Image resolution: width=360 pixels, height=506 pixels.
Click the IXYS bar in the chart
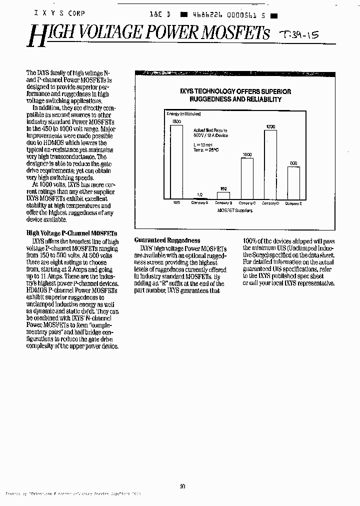pos(176,162)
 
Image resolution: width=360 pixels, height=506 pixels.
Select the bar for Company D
pos(270,165)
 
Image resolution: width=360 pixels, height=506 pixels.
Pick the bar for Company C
pos(247,178)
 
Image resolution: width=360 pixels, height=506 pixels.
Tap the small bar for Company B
pos(223,195)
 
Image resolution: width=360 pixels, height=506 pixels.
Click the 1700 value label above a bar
pos(270,127)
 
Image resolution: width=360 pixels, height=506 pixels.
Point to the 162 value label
pos(224,188)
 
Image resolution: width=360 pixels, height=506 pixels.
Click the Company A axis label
pos(200,203)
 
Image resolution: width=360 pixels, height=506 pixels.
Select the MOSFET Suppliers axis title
pos(235,210)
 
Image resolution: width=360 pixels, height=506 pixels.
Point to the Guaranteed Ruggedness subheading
pos(167,240)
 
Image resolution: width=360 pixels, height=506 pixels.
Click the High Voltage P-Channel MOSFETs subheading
pos(71,233)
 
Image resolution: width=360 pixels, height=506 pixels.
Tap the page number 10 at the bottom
pos(182,485)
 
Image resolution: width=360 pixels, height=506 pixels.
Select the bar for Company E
pos(293,183)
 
